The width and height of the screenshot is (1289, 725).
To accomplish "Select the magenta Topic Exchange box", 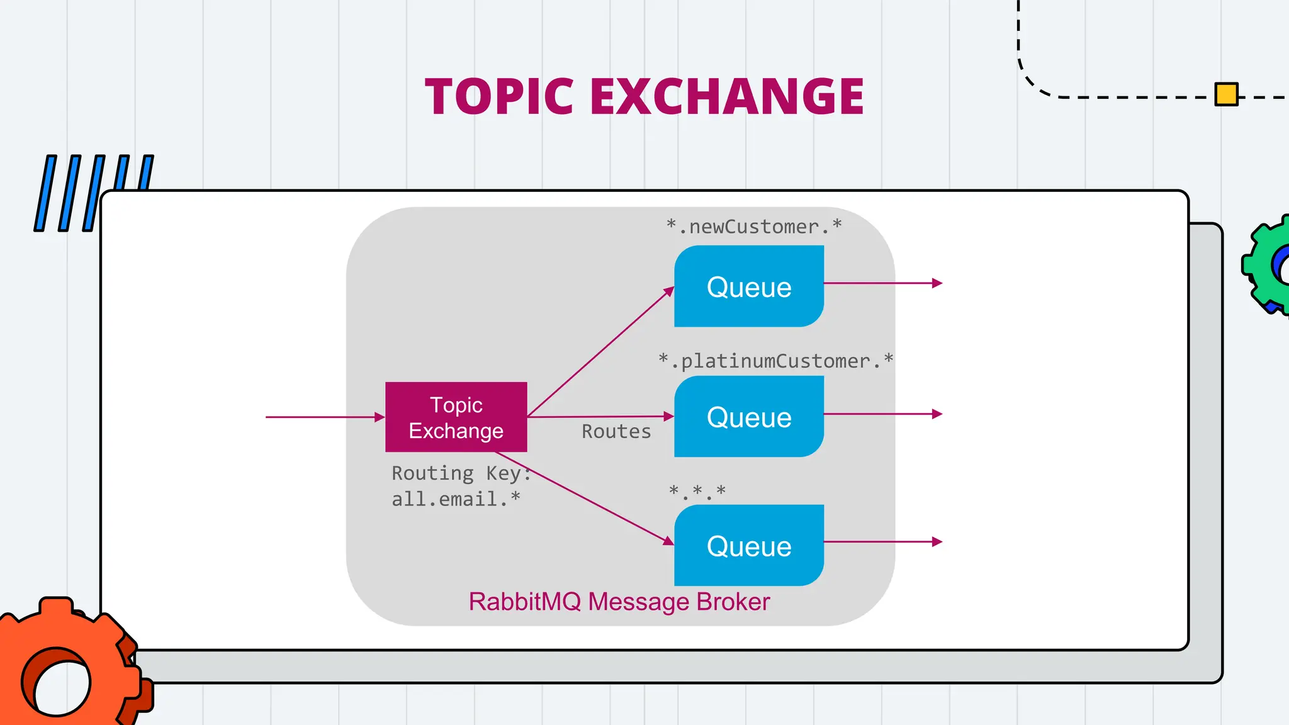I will [456, 417].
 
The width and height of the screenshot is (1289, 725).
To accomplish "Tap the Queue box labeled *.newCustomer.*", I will [749, 286].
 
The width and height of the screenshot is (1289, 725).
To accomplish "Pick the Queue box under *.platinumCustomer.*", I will [749, 417].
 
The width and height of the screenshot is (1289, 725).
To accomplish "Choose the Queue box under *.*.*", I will [749, 546].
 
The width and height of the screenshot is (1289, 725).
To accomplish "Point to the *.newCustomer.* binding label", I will [754, 227].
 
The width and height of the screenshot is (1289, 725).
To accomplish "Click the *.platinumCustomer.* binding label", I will [775, 361].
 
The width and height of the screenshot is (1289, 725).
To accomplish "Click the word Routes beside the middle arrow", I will [616, 432].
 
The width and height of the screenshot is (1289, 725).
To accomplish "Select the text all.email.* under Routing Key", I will [456, 499].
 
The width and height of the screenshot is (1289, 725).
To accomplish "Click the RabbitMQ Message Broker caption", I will [619, 602].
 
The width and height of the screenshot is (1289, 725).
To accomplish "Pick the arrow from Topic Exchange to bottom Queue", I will [585, 498].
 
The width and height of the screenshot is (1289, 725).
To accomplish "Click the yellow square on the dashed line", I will [1226, 94].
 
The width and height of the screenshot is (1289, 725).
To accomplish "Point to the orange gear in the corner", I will [63, 667].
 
